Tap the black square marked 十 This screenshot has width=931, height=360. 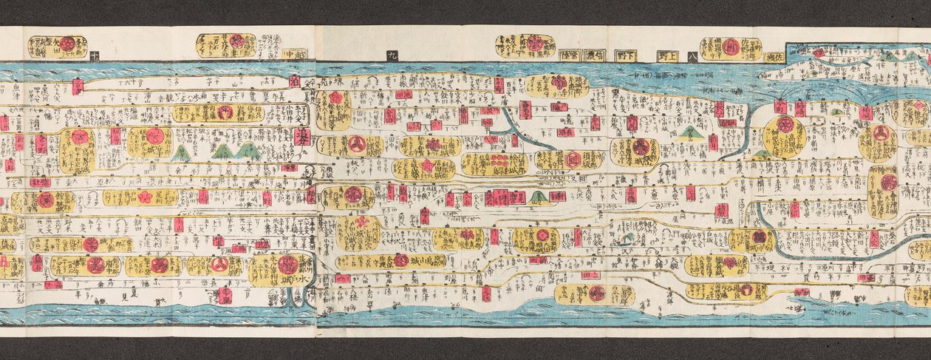click(95, 54)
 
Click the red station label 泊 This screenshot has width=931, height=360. click(295, 81)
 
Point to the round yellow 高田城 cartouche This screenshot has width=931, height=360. click(785, 136)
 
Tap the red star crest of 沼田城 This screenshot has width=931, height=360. click(426, 166)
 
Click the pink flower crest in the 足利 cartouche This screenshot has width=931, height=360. click(144, 197)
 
